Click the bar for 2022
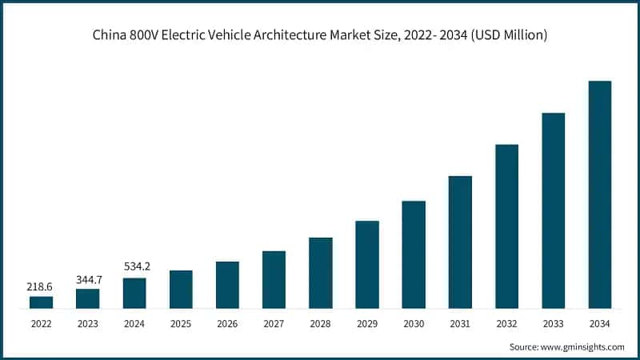pos(41,302)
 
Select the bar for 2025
pos(181,289)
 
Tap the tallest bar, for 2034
pos(600,194)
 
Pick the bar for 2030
pos(414,254)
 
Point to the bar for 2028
pos(321,273)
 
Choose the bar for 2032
pos(507,226)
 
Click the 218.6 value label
pos(41,286)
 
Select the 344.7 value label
pos(88,278)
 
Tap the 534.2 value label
pos(134,266)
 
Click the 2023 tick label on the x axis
pos(88,324)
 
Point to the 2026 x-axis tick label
pos(227,324)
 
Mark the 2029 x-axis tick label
pos(367,324)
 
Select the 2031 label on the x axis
pos(460,324)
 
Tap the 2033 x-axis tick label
pos(554,324)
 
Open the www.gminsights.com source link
pos(582,346)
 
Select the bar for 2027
pos(274,279)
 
